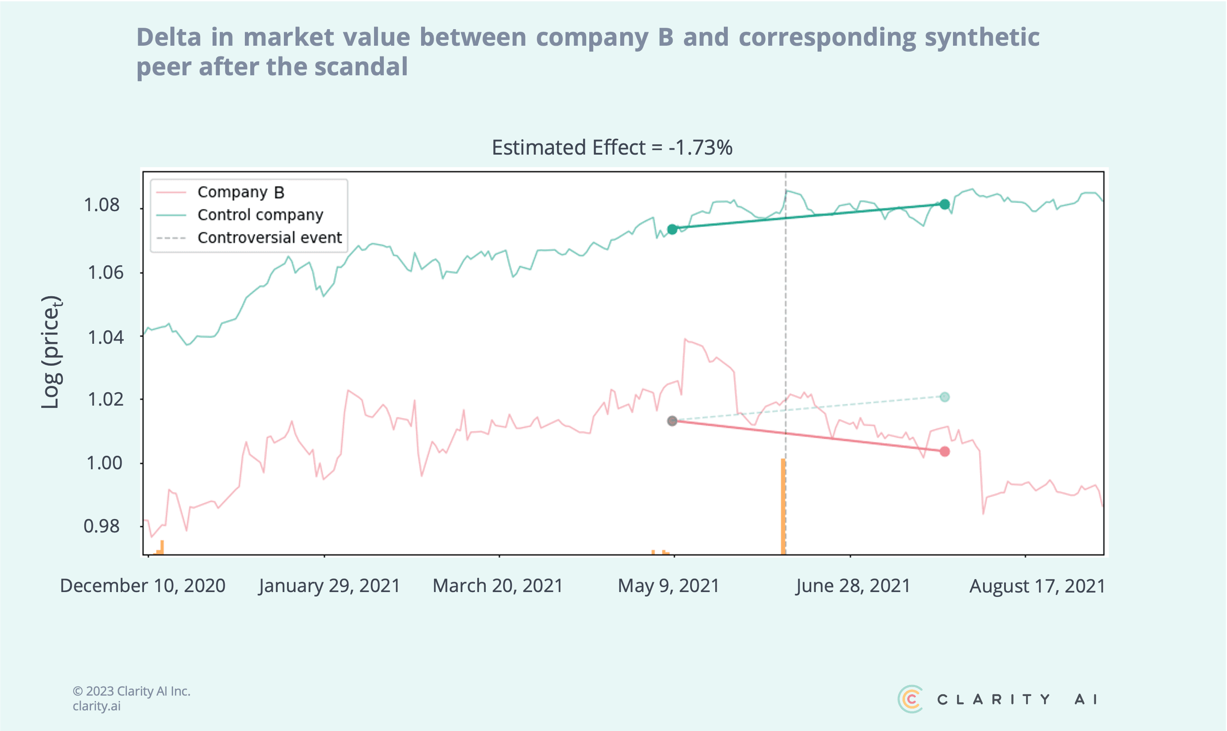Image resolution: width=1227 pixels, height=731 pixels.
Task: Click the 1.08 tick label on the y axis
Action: tap(101, 205)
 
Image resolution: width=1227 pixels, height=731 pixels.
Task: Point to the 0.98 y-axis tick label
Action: tap(101, 526)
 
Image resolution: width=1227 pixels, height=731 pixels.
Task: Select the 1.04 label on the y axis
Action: tap(105, 337)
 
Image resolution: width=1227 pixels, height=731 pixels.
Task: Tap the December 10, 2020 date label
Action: tap(143, 586)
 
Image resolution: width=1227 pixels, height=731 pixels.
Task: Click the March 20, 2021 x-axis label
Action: tap(498, 586)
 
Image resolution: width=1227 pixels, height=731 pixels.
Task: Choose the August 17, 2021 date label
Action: tap(1037, 586)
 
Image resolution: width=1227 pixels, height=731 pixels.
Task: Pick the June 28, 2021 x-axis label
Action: tap(853, 586)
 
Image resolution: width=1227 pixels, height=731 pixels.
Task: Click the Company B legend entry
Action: tap(240, 192)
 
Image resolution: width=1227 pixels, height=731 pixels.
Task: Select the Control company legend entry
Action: tap(260, 215)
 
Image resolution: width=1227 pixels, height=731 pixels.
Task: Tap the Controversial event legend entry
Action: tap(269, 238)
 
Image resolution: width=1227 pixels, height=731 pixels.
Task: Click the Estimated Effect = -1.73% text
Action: tap(612, 147)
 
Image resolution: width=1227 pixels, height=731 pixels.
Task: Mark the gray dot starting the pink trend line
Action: tap(672, 421)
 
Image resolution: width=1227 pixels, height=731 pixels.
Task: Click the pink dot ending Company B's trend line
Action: tap(944, 451)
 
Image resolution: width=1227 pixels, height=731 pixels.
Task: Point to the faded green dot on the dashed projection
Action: tap(944, 397)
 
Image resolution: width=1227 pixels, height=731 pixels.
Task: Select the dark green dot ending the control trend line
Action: tap(944, 204)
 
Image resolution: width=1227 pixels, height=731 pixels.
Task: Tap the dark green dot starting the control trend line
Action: tap(672, 229)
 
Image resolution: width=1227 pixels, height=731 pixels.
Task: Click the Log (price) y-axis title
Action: tap(51, 352)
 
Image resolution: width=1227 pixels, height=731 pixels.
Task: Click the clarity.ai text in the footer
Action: tap(96, 706)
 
